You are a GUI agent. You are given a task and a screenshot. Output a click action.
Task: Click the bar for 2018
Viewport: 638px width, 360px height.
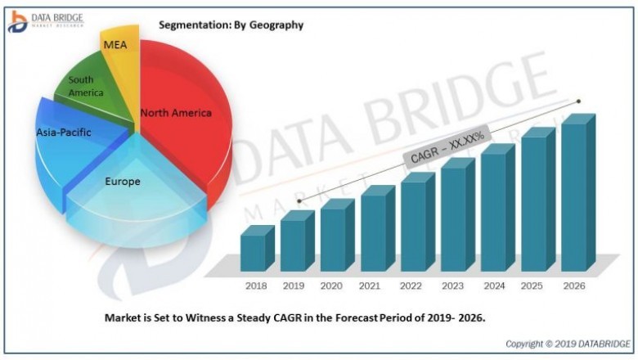(252, 252)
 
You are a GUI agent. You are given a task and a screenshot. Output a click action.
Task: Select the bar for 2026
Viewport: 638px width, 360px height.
(573, 196)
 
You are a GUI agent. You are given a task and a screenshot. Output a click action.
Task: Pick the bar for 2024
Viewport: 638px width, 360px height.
(492, 211)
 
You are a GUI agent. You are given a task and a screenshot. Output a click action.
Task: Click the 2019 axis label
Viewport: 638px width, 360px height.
(292, 286)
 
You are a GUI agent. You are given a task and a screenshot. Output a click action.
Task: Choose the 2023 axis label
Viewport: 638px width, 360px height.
(452, 286)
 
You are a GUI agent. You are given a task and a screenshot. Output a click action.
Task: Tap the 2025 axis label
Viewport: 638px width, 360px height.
(532, 286)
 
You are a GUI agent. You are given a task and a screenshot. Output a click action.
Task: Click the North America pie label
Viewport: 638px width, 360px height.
(176, 113)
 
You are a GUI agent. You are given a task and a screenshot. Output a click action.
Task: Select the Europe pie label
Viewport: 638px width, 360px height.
(122, 181)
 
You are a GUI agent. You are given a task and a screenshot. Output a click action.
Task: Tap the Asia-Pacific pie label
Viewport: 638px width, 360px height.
(64, 132)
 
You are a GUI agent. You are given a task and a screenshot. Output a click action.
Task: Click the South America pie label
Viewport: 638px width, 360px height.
(86, 86)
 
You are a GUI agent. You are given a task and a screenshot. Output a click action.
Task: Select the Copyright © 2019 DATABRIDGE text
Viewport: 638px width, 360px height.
(567, 343)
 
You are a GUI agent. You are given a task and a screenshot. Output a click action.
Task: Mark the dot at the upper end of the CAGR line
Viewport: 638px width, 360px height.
(579, 101)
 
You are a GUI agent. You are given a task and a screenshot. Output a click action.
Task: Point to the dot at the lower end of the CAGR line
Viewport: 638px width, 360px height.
(299, 200)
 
